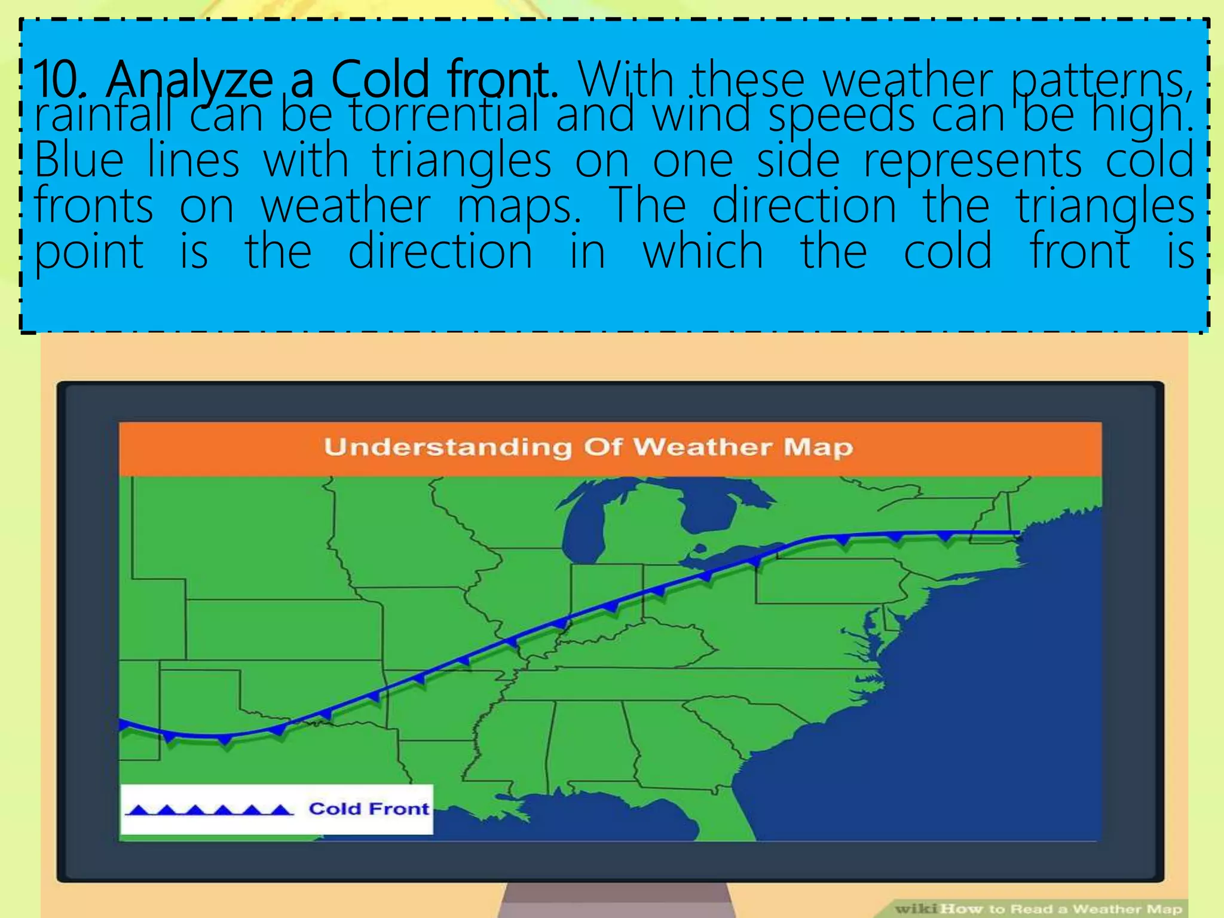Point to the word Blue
tap(79, 160)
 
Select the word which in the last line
tap(703, 251)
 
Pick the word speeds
tap(841, 116)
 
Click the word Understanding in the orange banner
tap(448, 448)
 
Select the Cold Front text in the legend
tap(369, 809)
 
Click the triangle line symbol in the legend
tap(209, 810)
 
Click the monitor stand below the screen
tap(616, 901)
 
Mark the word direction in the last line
tap(440, 251)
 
